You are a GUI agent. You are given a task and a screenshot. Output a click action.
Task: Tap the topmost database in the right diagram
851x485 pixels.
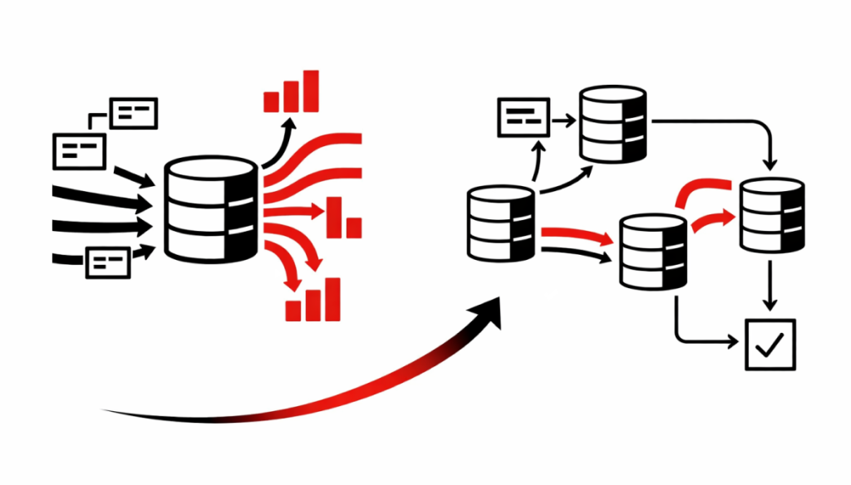click(x=612, y=125)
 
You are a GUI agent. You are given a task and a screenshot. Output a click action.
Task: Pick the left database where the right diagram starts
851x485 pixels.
click(x=499, y=223)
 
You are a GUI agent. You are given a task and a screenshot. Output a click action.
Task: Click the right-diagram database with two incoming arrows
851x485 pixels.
click(x=652, y=252)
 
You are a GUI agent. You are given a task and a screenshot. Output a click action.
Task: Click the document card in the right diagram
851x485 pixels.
click(x=523, y=117)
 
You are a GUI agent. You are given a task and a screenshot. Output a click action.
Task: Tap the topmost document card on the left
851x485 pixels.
click(x=134, y=113)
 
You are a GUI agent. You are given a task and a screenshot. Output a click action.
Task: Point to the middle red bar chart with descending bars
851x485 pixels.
click(x=345, y=218)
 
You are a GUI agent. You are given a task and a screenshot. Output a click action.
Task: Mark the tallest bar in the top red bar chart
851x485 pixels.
click(x=311, y=91)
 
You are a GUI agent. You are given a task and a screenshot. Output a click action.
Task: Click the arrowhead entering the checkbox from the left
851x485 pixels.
click(x=733, y=340)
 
